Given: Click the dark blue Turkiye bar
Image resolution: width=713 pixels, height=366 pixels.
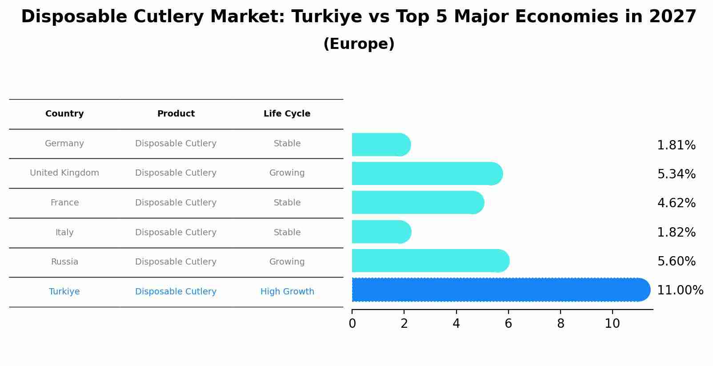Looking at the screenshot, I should (498, 290).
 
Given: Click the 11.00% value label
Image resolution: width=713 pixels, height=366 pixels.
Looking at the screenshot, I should (680, 290).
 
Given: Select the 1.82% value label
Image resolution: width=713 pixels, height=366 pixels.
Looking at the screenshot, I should (676, 232).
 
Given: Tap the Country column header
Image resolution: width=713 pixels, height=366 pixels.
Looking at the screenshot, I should (64, 114).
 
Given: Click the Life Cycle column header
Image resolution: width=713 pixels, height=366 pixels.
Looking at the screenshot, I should (287, 114).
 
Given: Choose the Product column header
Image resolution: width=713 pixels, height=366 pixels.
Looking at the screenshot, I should (176, 114).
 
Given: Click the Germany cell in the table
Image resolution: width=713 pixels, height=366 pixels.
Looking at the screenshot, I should (64, 144).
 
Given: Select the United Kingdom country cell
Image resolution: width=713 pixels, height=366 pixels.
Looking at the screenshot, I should (64, 173).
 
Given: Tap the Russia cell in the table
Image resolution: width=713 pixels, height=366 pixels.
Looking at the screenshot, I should (64, 262).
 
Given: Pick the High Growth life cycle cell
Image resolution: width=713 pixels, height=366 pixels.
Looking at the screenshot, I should (287, 292).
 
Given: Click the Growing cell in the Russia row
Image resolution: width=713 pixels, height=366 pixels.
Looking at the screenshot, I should (287, 262).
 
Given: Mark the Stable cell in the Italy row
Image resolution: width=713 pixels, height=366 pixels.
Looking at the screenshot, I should (287, 233).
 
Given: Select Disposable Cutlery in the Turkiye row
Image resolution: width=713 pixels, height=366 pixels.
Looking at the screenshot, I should (176, 292).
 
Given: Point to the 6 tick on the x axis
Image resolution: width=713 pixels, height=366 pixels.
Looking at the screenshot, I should (508, 324).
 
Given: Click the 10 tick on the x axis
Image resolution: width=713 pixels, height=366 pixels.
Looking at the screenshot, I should (612, 324).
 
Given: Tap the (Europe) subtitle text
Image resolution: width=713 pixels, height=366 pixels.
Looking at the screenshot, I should (359, 44).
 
